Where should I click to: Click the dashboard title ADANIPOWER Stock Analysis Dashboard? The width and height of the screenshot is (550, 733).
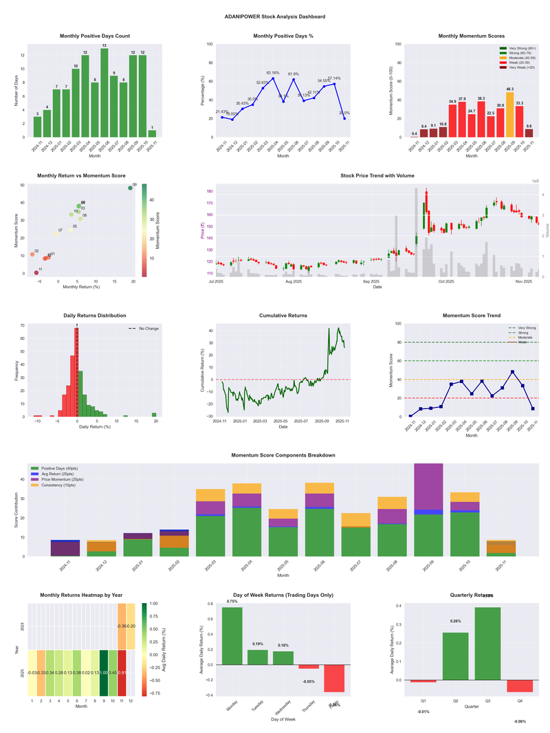(275, 17)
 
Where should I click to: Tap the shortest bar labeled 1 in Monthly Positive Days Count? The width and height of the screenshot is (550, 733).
(152, 133)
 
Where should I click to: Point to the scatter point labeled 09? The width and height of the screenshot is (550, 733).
(130, 188)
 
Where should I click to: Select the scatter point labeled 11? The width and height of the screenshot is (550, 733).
(36, 273)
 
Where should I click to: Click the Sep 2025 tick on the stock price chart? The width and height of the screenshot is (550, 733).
(371, 281)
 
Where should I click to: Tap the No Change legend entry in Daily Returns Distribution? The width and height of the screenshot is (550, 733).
(147, 329)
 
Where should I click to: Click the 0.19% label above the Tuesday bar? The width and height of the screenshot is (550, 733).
(258, 644)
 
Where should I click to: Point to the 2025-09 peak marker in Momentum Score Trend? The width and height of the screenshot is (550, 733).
(512, 372)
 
